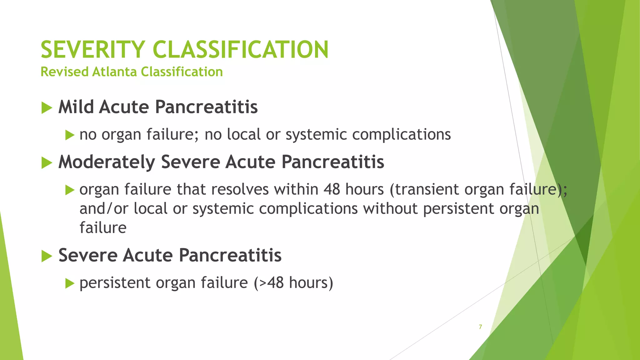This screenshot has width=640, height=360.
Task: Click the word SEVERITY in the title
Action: pos(92,50)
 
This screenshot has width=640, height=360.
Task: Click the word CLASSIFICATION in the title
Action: pos(240,50)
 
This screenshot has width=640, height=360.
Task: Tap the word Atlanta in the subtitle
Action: pos(114,72)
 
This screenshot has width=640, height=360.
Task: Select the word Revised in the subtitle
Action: pos(64,72)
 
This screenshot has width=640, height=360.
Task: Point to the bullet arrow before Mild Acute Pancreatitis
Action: pos(47,108)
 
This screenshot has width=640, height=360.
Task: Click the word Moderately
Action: pos(107,162)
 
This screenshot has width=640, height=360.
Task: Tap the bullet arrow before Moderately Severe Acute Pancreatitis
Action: pos(47,163)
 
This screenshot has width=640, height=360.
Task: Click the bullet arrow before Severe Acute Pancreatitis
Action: pos(47,256)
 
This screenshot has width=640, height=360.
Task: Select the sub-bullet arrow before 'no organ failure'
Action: pos(70,136)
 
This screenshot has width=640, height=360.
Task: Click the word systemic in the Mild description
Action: pos(316,135)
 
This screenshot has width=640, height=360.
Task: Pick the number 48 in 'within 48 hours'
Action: pos(332,189)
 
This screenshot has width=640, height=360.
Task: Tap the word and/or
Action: pos(104,208)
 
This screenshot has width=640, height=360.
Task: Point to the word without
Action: pos(390,208)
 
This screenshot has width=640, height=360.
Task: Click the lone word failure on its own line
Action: pos(103,227)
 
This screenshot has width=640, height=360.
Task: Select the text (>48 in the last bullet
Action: pos(268,283)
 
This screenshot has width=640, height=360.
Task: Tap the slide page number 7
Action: pos(480,327)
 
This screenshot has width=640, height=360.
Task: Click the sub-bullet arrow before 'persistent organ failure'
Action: pos(70,284)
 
